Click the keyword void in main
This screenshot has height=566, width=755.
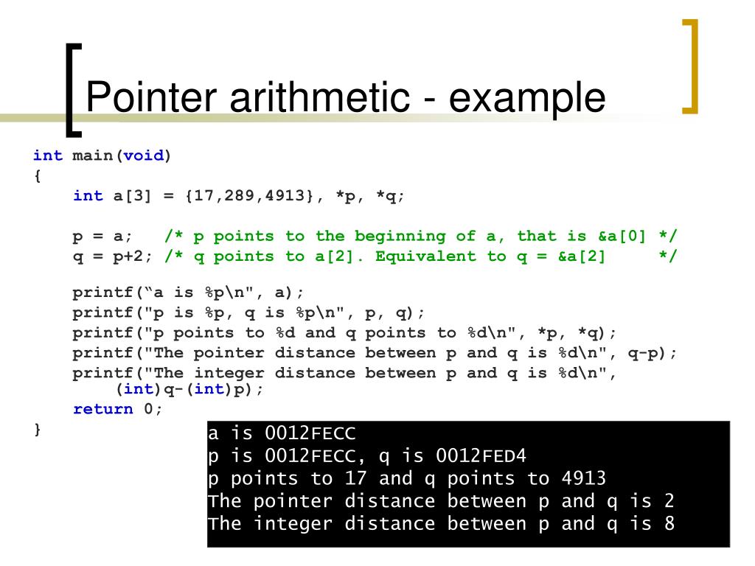coord(142,156)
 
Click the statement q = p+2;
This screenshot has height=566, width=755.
coord(113,256)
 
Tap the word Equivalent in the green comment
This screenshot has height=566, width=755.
coord(426,256)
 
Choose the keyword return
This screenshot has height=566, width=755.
coord(103,409)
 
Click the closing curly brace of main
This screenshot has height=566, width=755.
coord(38,429)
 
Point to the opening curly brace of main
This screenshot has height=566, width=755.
coord(38,176)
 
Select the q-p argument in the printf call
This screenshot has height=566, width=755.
coord(643,352)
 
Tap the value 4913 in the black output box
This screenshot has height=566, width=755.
coord(583,478)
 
